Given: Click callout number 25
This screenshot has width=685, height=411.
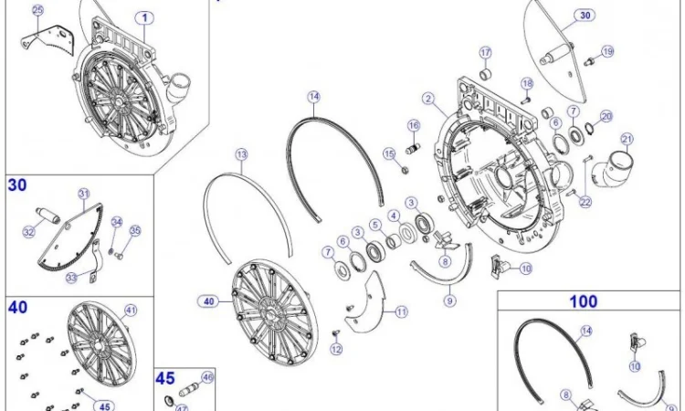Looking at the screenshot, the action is pyautogui.click(x=38, y=10).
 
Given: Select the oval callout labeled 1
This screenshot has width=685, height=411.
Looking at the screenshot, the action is pyautogui.click(x=144, y=18).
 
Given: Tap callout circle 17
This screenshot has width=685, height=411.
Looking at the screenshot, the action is pyautogui.click(x=486, y=53).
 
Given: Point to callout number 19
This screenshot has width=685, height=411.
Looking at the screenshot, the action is pyautogui.click(x=607, y=51).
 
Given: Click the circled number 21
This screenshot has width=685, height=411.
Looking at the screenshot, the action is pyautogui.click(x=627, y=140).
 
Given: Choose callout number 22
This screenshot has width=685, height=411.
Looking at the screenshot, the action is pyautogui.click(x=585, y=202).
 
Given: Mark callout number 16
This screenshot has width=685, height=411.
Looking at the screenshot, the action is pyautogui.click(x=414, y=126).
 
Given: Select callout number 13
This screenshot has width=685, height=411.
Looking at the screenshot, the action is pyautogui.click(x=242, y=154).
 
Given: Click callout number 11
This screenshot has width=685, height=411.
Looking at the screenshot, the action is pyautogui.click(x=402, y=311).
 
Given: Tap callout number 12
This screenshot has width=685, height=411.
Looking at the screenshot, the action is pyautogui.click(x=336, y=349).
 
